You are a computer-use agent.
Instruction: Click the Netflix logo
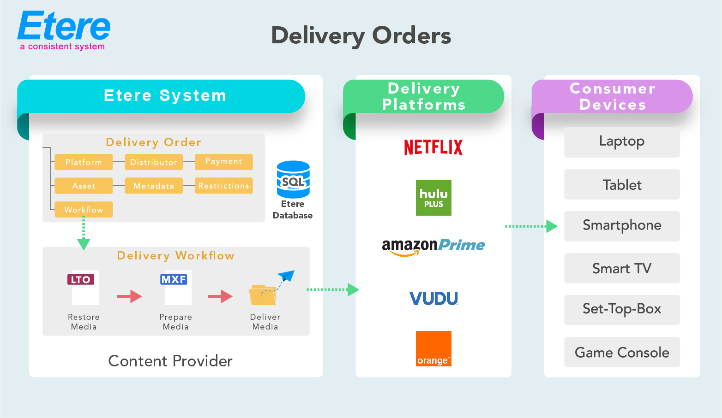tap(433, 147)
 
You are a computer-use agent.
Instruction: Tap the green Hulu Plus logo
tap(433, 198)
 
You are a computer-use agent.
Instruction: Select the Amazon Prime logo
tap(433, 247)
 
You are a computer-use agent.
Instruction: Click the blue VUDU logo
tap(433, 299)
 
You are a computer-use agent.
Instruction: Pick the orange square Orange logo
tap(433, 348)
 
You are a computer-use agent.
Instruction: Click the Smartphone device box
tap(622, 226)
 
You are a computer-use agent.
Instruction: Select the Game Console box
tap(622, 352)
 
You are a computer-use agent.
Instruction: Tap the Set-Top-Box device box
tap(622, 310)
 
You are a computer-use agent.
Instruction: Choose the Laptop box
tap(622, 142)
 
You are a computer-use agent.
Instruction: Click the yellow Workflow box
tap(84, 210)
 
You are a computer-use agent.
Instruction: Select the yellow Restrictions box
tap(224, 186)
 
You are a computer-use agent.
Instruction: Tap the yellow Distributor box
tap(154, 162)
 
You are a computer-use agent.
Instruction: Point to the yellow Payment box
tap(224, 162)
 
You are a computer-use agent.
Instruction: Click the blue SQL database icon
tap(293, 179)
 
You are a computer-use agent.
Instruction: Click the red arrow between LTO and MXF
tap(129, 296)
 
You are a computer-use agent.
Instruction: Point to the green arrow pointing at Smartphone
tap(531, 226)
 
